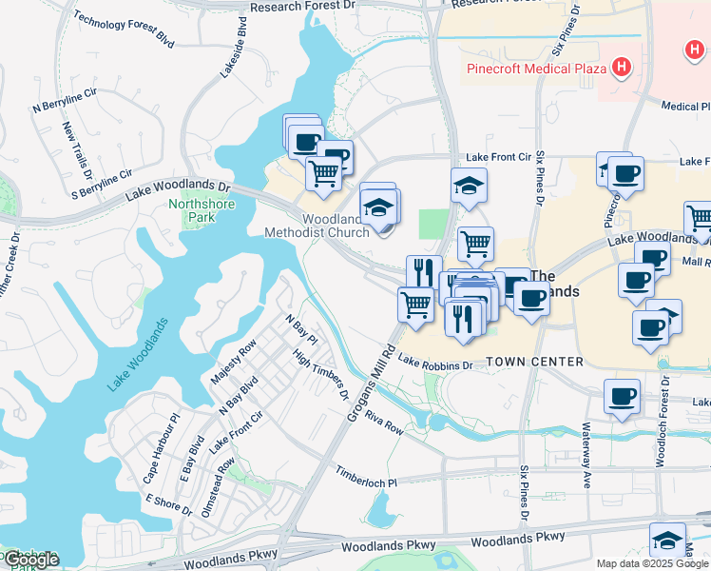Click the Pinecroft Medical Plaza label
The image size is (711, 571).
coord(536,68)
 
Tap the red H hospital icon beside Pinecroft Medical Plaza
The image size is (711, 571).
coord(621,67)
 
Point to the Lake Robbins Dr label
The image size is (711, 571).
coord(435,364)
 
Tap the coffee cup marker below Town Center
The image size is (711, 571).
coord(622,397)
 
